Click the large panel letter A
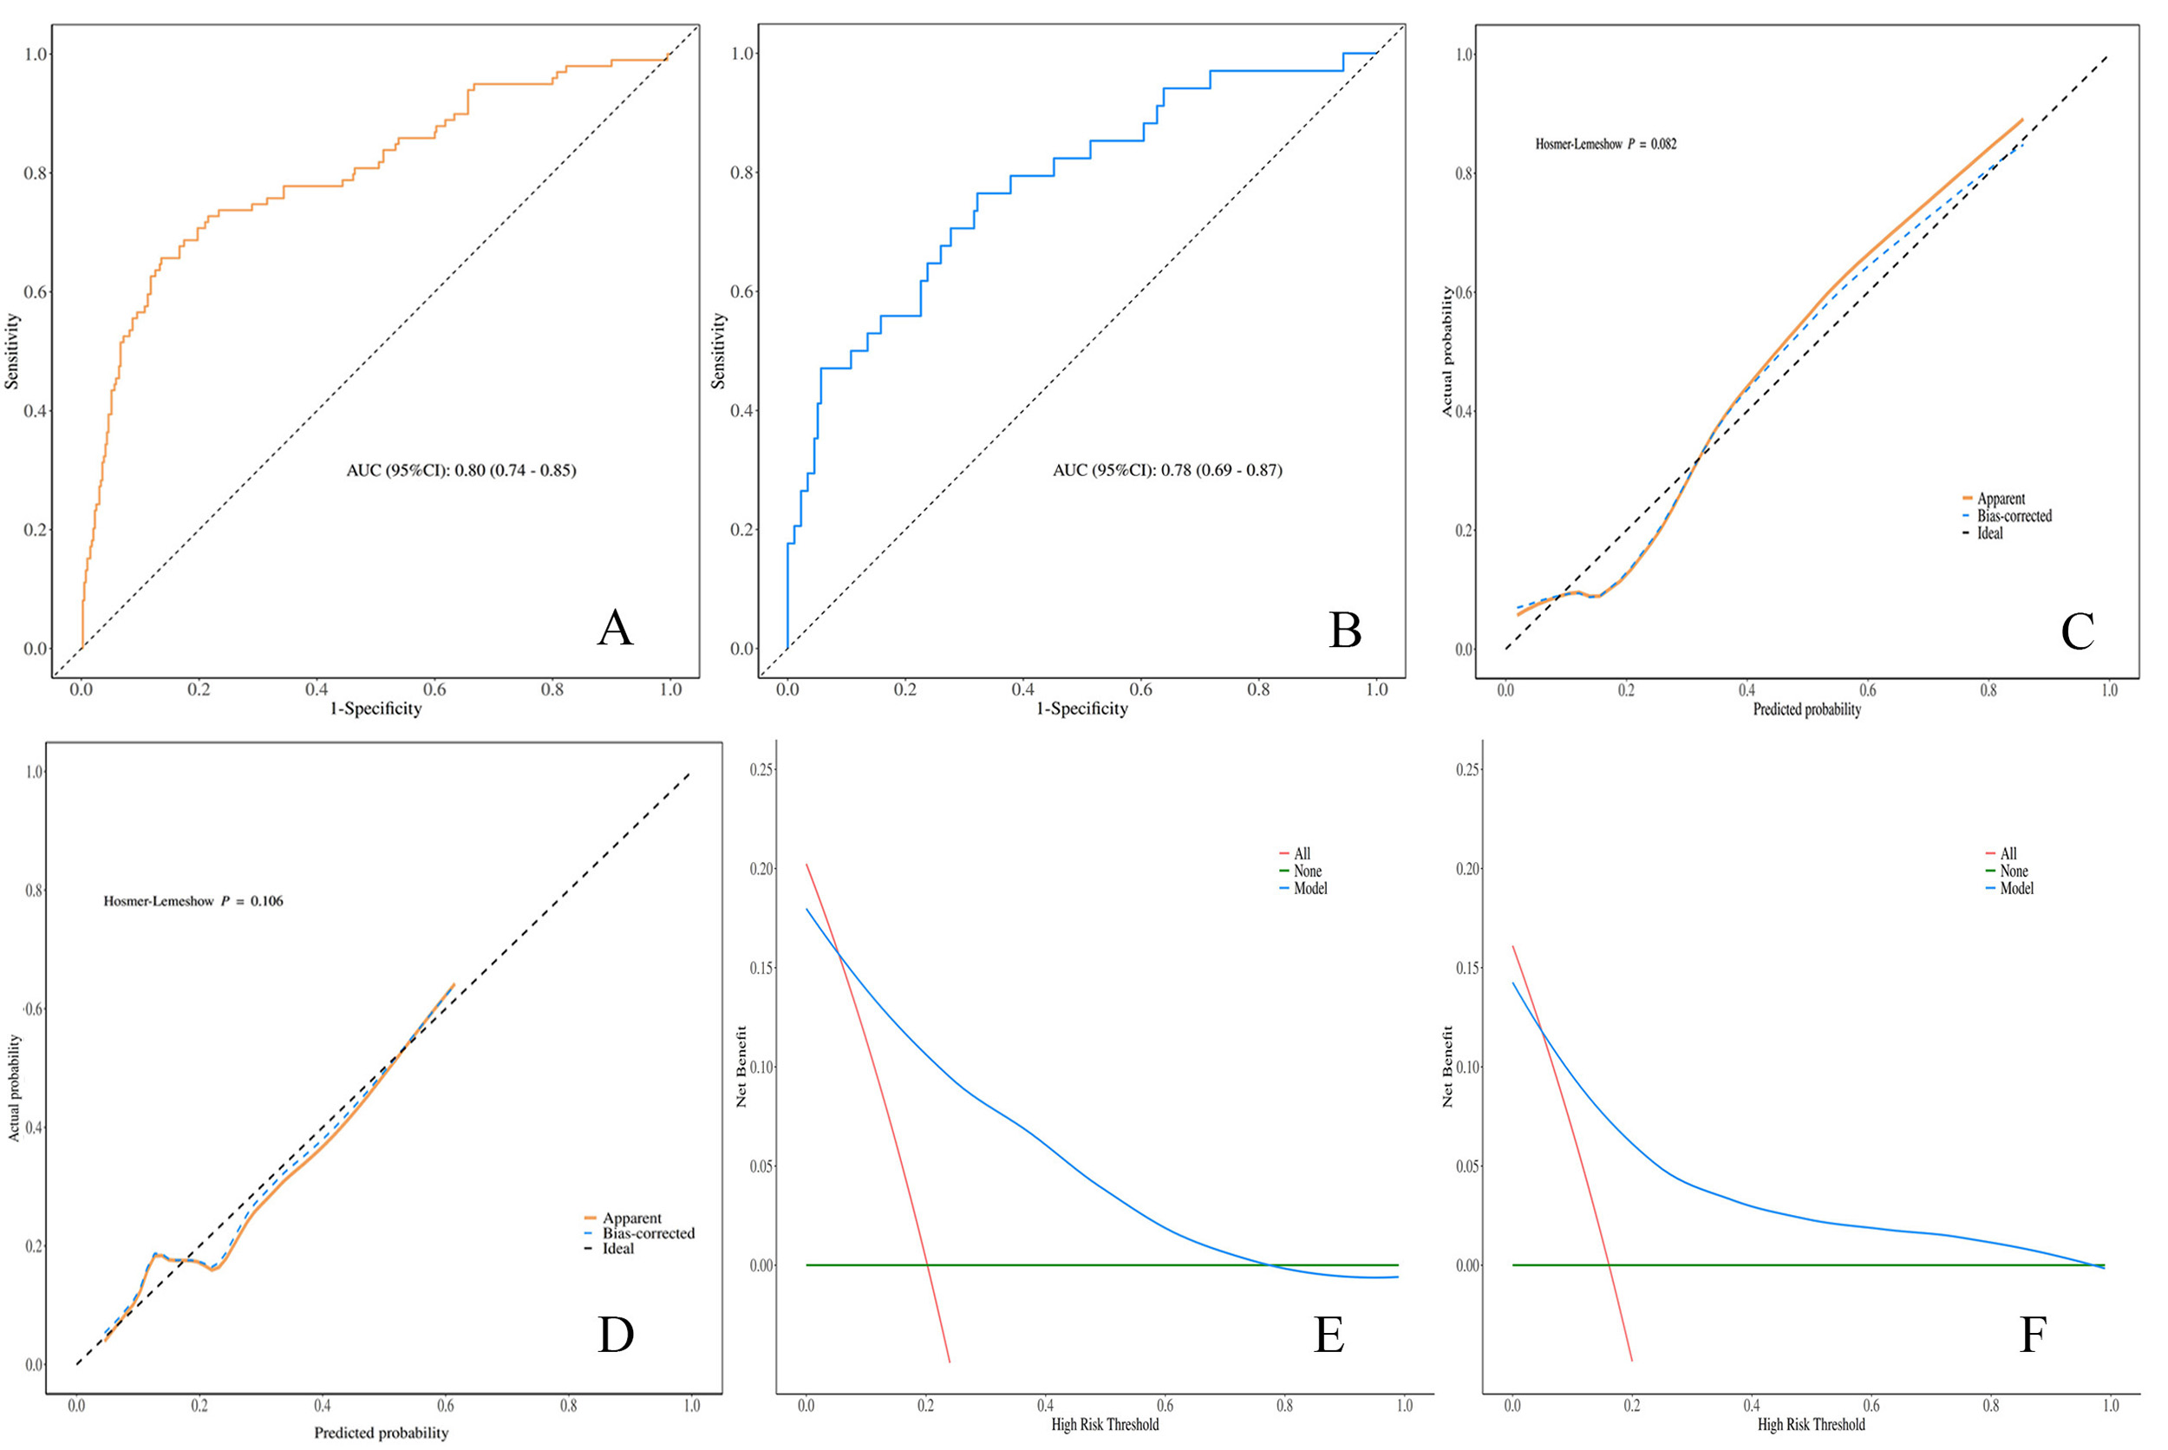click(615, 629)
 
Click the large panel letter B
click(1344, 630)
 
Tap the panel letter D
click(616, 1335)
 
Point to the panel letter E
click(1329, 1335)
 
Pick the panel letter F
click(2032, 1335)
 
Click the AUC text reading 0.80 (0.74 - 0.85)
click(460, 471)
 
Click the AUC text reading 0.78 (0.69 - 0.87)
click(1166, 471)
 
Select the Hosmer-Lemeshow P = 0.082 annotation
click(1605, 144)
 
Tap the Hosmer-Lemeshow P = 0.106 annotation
click(193, 901)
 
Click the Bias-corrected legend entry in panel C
click(2014, 516)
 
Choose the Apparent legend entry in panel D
click(631, 1218)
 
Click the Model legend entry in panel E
click(1310, 889)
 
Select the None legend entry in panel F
click(2013, 871)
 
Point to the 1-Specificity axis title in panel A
click(375, 709)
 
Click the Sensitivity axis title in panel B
click(718, 350)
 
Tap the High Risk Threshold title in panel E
click(1105, 1424)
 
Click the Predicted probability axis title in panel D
click(381, 1433)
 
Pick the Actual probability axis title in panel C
click(1448, 351)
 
